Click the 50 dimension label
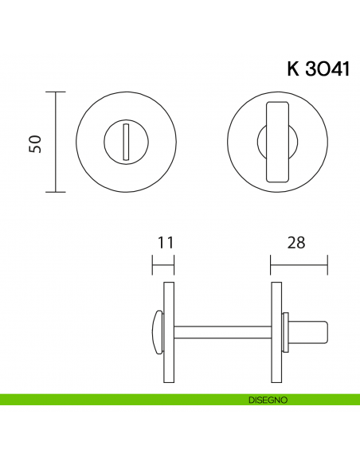tap(35, 143)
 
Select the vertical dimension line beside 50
tap(55, 143)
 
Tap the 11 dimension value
tap(165, 242)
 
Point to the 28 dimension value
tap(296, 242)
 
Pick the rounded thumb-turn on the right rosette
tap(276, 142)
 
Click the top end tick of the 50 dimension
tap(55, 92)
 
